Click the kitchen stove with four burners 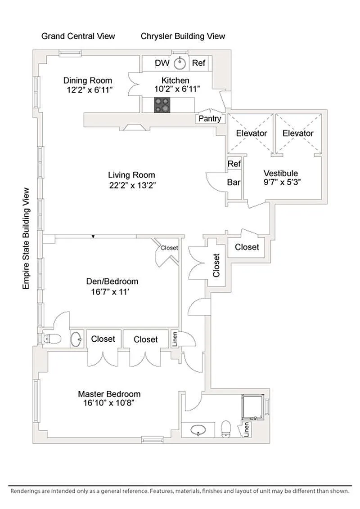[x=162, y=105]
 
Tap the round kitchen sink [x=180, y=63]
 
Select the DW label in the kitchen [x=162, y=63]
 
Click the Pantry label [x=210, y=119]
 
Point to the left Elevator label [x=252, y=133]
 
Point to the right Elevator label [x=298, y=133]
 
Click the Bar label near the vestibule [x=234, y=182]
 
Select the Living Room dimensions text [x=132, y=185]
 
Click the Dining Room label [x=88, y=80]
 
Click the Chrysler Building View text [x=183, y=36]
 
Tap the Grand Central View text [x=78, y=36]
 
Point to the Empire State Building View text [x=26, y=239]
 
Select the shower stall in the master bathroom [x=253, y=407]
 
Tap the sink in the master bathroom [x=198, y=430]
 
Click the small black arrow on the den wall [x=93, y=237]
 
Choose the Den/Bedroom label [x=112, y=281]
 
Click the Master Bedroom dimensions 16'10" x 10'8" [x=109, y=403]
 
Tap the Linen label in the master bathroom [x=246, y=429]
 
